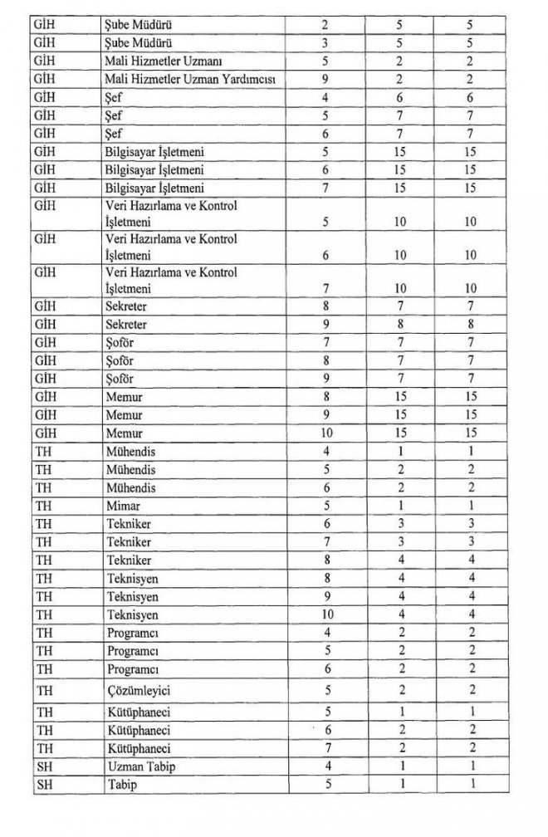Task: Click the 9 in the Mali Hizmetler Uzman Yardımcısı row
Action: point(325,80)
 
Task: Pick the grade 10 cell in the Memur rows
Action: point(325,433)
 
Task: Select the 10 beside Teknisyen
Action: point(325,615)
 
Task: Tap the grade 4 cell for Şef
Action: point(325,98)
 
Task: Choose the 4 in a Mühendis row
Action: point(325,451)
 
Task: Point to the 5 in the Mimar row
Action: point(325,506)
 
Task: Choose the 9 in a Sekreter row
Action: point(325,325)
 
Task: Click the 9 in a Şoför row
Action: point(325,379)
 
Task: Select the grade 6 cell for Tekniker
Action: point(325,524)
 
